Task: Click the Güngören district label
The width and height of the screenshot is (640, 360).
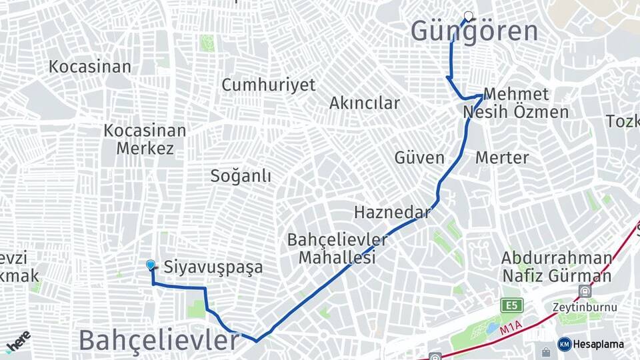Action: pyautogui.click(x=474, y=32)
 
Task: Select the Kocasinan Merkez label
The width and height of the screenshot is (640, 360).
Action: pyautogui.click(x=145, y=139)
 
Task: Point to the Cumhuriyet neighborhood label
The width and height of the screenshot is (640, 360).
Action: pyautogui.click(x=269, y=85)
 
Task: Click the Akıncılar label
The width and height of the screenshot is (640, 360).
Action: pyautogui.click(x=365, y=103)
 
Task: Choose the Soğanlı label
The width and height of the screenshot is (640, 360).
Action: pyautogui.click(x=241, y=176)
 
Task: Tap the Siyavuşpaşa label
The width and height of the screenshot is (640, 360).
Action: pyautogui.click(x=213, y=268)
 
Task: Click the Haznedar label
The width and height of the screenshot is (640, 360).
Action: pyautogui.click(x=393, y=213)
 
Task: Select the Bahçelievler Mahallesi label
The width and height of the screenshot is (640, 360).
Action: pyautogui.click(x=337, y=249)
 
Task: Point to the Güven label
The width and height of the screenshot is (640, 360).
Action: pyautogui.click(x=419, y=158)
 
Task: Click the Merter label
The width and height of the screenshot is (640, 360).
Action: pyautogui.click(x=502, y=158)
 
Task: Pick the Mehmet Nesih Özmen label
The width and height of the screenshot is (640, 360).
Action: pyautogui.click(x=516, y=103)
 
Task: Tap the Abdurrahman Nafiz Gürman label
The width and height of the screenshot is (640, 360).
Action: pyautogui.click(x=557, y=267)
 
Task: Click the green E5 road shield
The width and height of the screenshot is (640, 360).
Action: pyautogui.click(x=512, y=305)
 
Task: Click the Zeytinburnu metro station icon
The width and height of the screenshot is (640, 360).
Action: pyautogui.click(x=585, y=291)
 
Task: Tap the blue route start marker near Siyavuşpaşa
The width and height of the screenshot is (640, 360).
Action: pyautogui.click(x=151, y=265)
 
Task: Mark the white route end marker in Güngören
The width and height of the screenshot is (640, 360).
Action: pyautogui.click(x=468, y=16)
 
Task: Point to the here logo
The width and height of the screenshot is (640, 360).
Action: pyautogui.click(x=18, y=341)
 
